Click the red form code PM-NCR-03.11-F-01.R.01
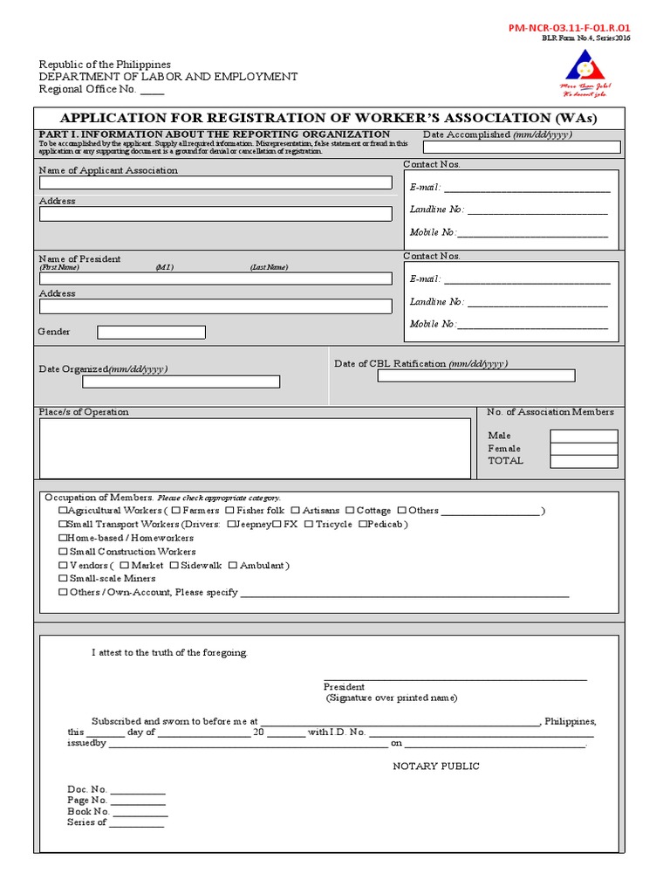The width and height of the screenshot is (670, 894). [x=569, y=28]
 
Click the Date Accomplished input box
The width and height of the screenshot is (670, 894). [x=522, y=147]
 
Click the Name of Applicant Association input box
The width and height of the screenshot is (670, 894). [x=215, y=182]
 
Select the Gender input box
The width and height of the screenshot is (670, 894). [x=151, y=332]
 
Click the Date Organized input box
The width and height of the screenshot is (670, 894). [x=181, y=382]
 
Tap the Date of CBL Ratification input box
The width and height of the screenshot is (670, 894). [x=475, y=375]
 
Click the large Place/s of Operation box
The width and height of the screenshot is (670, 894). [x=255, y=449]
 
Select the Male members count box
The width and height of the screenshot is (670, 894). [x=583, y=436]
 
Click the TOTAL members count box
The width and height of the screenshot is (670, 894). [x=583, y=461]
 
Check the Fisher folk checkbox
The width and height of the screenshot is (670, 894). [x=229, y=511]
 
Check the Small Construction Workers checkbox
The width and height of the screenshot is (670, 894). [x=63, y=552]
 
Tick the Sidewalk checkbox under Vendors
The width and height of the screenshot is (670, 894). [x=174, y=566]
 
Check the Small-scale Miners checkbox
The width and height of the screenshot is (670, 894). [x=63, y=579]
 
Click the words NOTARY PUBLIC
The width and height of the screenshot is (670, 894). [x=436, y=767]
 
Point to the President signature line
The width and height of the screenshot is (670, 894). [x=455, y=677]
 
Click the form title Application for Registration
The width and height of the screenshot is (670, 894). [x=328, y=118]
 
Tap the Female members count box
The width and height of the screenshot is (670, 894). [x=583, y=449]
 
